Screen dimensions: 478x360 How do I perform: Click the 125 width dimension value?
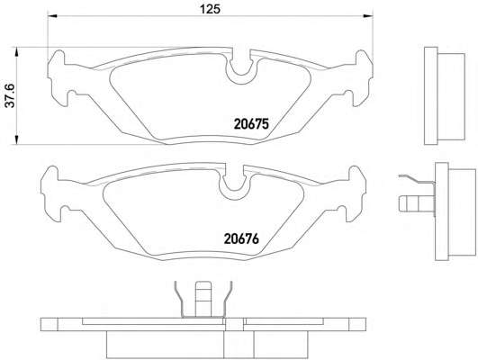click(x=210, y=9)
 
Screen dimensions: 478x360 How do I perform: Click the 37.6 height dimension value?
click(x=11, y=95)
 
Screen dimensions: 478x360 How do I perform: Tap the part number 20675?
click(x=251, y=124)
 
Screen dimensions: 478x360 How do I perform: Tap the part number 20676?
click(x=241, y=238)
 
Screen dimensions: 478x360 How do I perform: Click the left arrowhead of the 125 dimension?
click(x=52, y=16)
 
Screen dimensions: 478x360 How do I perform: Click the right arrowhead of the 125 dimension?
click(x=368, y=14)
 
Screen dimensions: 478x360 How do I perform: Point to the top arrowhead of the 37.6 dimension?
click(x=17, y=51)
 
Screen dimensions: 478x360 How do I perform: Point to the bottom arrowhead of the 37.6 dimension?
click(x=17, y=139)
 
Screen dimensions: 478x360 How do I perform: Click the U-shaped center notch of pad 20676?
click(x=235, y=184)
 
